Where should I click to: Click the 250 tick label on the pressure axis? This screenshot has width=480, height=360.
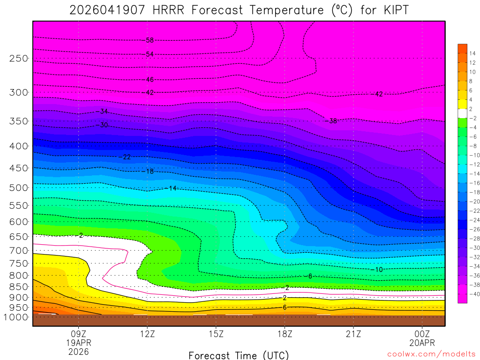click(x=18, y=59)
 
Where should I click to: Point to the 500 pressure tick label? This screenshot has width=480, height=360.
click(x=18, y=188)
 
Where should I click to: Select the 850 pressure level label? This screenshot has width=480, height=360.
click(x=18, y=286)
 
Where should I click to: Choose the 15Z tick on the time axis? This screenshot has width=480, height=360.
click(x=216, y=334)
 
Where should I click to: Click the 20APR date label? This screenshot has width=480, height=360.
click(x=422, y=343)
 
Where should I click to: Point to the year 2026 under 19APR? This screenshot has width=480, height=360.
click(x=78, y=351)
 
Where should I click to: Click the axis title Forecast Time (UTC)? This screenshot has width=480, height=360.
click(x=239, y=355)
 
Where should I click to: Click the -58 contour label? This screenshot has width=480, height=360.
click(x=149, y=40)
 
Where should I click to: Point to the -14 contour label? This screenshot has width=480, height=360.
click(x=171, y=188)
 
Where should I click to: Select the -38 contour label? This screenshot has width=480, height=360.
click(x=331, y=121)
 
